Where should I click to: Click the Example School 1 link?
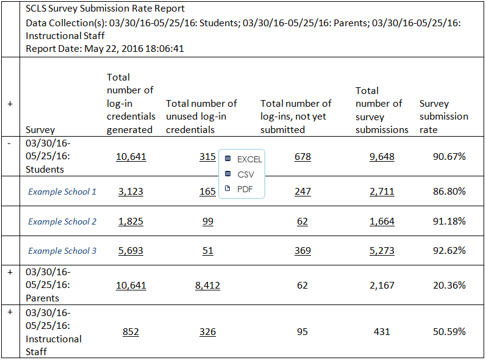pyautogui.click(x=62, y=192)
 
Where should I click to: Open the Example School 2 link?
pyautogui.click(x=62, y=221)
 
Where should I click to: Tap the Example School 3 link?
pyautogui.click(x=62, y=251)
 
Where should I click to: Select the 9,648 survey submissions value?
pyautogui.click(x=382, y=157)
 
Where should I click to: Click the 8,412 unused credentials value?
pyautogui.click(x=207, y=285)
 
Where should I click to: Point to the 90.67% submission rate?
pyautogui.click(x=449, y=157)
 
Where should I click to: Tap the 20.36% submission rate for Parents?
pyautogui.click(x=449, y=285)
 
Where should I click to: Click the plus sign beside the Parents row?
pyautogui.click(x=10, y=272)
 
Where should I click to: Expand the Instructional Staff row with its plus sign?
pyautogui.click(x=10, y=312)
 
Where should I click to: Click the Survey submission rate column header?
pyautogui.click(x=443, y=117)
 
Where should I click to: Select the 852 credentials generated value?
pyautogui.click(x=130, y=332)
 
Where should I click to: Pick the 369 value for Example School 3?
pyautogui.click(x=302, y=251)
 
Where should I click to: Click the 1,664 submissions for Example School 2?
pyautogui.click(x=382, y=221)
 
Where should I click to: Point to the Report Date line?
pyautogui.click(x=105, y=48)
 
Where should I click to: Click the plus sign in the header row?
pyautogui.click(x=10, y=104)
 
